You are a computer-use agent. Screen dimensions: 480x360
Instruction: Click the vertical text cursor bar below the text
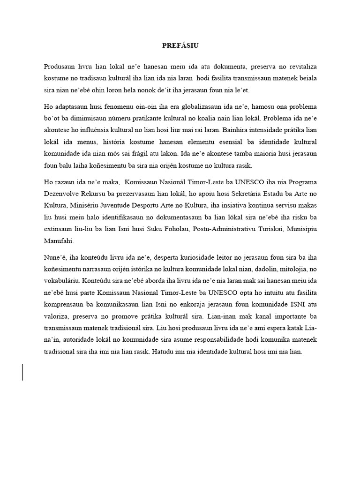[22, 365]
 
